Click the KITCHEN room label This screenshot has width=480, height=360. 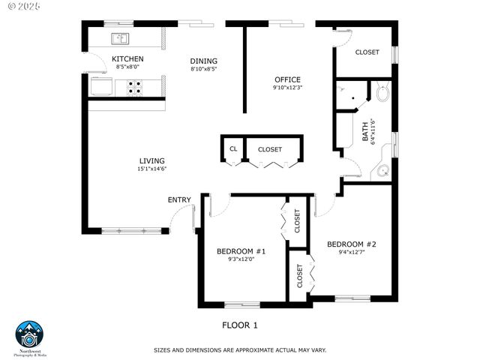(x=127, y=58)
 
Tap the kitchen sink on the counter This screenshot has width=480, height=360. (x=121, y=38)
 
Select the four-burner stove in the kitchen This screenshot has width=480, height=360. (x=134, y=88)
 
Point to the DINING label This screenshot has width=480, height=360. (x=203, y=61)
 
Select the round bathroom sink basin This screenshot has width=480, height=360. (x=383, y=172)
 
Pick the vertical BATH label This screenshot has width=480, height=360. (x=366, y=133)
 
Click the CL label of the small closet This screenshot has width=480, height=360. (x=233, y=149)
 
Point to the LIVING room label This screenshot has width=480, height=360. (x=151, y=160)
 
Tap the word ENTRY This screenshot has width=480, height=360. (x=179, y=199)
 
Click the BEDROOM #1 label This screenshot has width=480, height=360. (x=241, y=251)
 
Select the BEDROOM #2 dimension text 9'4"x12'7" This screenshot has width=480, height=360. (x=351, y=253)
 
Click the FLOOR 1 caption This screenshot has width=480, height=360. (x=240, y=325)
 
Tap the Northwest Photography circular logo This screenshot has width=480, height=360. (x=31, y=334)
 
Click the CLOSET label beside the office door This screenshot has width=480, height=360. (x=367, y=52)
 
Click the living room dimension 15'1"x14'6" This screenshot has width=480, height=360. (x=151, y=169)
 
